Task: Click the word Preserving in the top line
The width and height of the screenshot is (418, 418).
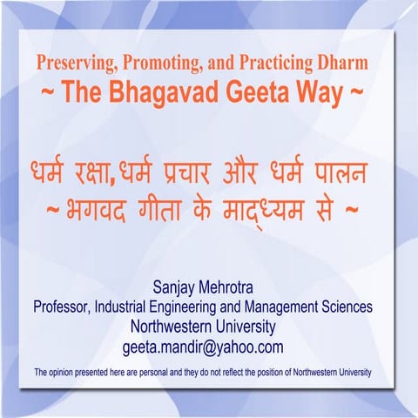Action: [74, 63]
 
